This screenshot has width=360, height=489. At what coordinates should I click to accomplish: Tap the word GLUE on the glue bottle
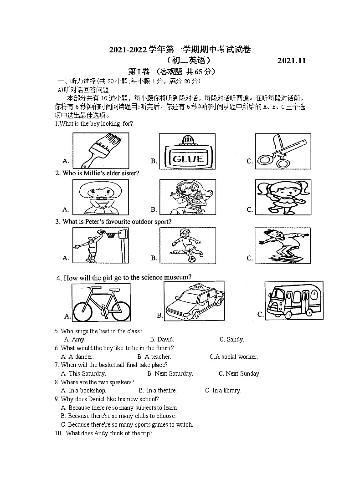[x=187, y=159]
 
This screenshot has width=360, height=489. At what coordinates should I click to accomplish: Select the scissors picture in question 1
[x=276, y=151]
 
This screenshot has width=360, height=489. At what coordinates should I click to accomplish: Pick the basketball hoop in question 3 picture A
[x=112, y=234]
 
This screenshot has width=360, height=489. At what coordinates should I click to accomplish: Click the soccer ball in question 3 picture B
[x=191, y=258]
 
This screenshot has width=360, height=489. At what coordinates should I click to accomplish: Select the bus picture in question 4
[x=293, y=300]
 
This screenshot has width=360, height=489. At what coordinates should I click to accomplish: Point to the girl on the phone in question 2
[x=187, y=197]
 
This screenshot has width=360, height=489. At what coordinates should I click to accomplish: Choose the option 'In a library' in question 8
[x=226, y=390]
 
